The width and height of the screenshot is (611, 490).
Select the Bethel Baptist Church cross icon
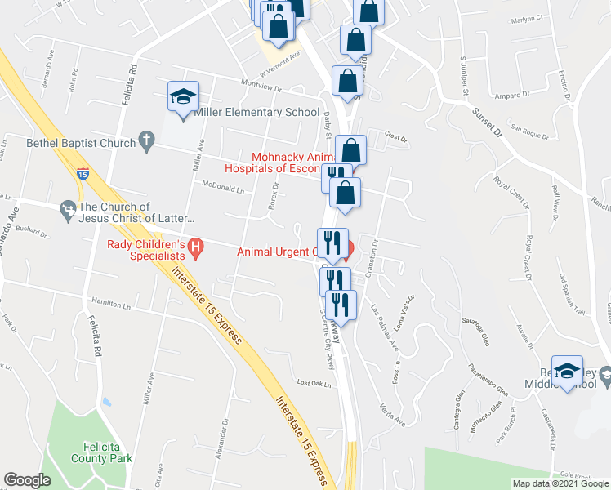tap(147, 142)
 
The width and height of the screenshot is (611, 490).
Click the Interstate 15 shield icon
tap(83, 173)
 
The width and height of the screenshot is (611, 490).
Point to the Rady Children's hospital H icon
tap(195, 246)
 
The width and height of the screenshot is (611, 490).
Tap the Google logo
tap(28, 480)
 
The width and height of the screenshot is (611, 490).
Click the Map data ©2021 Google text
tap(560, 483)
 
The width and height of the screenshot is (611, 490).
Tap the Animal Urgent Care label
tap(274, 252)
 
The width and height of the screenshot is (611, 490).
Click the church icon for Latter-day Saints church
tap(69, 212)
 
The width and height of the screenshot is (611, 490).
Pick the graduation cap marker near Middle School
tap(567, 371)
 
